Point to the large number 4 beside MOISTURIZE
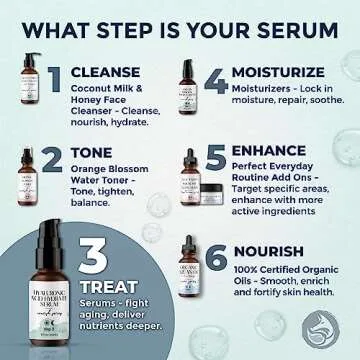(x=216, y=80)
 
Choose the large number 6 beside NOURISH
(x=217, y=255)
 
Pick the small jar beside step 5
(x=211, y=195)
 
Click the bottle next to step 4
(x=186, y=88)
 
